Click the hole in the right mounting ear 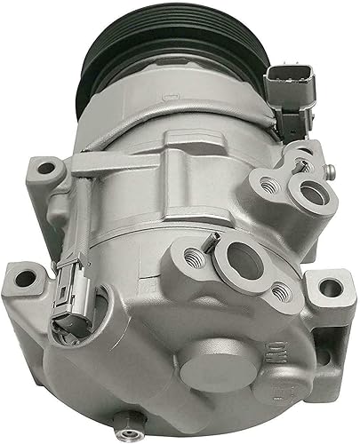tap(330, 287)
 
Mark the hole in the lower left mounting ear tap(24, 279)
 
